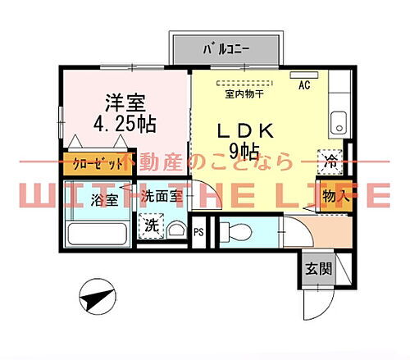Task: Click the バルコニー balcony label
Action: [225, 48]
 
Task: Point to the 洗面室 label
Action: [159, 197]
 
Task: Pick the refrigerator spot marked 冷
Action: [330, 161]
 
